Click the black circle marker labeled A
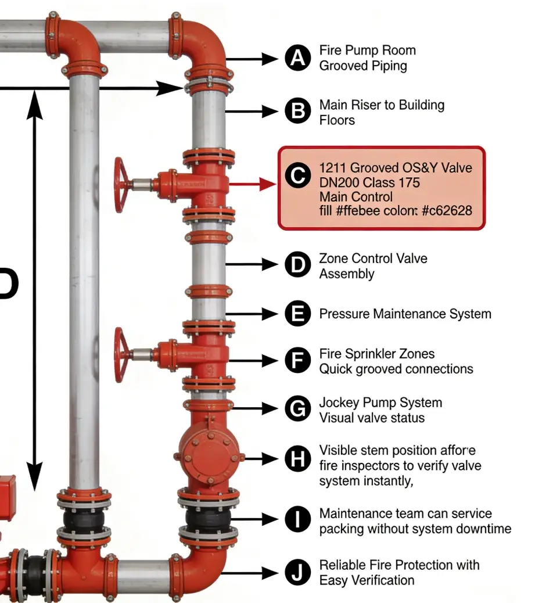(x=298, y=58)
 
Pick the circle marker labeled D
(x=298, y=265)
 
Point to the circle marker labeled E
(x=298, y=314)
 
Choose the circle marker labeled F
(x=298, y=360)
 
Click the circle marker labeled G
(x=298, y=409)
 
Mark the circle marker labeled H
(x=298, y=459)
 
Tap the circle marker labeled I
(x=298, y=519)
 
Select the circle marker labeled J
(x=298, y=573)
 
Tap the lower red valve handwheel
(x=121, y=354)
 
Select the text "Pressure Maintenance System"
(x=405, y=314)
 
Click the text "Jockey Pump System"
(x=381, y=403)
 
